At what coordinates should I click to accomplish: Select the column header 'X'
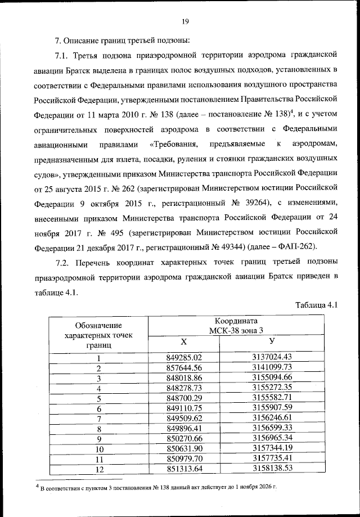click(x=183, y=342)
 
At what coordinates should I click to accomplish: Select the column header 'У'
click(x=272, y=342)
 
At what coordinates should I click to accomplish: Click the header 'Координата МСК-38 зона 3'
click(x=236, y=325)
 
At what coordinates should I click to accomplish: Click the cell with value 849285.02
click(x=184, y=357)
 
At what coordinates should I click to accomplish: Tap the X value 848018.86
click(x=184, y=377)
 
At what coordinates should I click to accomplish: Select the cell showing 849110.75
click(x=184, y=408)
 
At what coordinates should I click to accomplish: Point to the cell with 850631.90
click(x=184, y=449)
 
